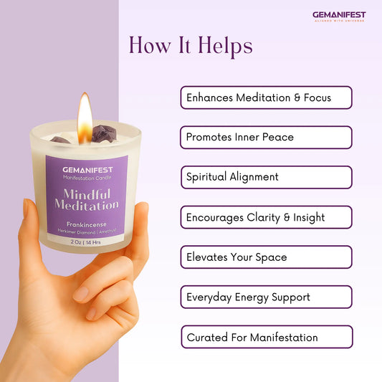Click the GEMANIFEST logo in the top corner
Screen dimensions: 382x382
pyautogui.click(x=338, y=16)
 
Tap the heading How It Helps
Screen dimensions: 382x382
pyautogui.click(x=191, y=46)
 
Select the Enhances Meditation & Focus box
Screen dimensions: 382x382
pyautogui.click(x=266, y=97)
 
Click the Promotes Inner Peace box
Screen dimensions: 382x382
pyautogui.click(x=266, y=137)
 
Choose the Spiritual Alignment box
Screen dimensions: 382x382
pyautogui.click(x=266, y=177)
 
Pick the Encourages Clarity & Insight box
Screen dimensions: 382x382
pyautogui.click(x=266, y=217)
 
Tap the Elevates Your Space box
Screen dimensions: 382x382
pyautogui.click(x=266, y=257)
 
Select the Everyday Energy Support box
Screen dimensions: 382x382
pyautogui.click(x=266, y=297)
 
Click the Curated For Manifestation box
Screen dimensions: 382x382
pyautogui.click(x=266, y=337)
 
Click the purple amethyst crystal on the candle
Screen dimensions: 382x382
pyautogui.click(x=106, y=133)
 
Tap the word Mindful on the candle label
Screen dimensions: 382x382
pyautogui.click(x=87, y=194)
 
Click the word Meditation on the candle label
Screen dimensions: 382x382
pyautogui.click(x=87, y=206)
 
